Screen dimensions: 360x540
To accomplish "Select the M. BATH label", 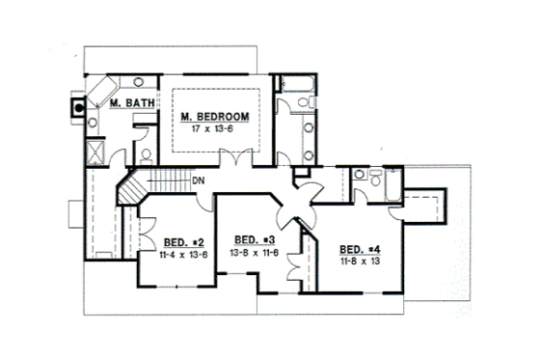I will (126, 102).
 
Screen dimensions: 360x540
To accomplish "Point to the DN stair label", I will (198, 181).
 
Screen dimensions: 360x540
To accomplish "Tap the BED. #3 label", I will (256, 238).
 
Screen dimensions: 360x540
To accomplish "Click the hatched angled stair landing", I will (126, 189).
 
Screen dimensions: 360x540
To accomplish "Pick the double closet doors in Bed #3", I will (307, 250).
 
